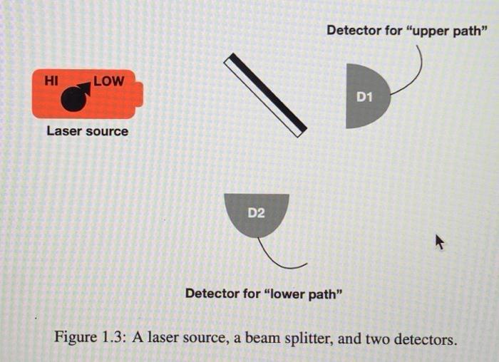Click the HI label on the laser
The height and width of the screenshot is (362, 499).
click(x=51, y=81)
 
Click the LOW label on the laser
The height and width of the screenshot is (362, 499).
click(x=108, y=81)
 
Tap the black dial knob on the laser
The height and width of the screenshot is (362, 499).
click(x=73, y=100)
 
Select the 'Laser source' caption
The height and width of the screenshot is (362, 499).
click(x=87, y=131)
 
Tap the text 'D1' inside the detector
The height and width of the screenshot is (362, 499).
click(x=364, y=96)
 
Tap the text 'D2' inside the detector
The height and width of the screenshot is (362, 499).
click(x=256, y=212)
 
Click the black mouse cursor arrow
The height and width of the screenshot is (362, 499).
click(x=439, y=243)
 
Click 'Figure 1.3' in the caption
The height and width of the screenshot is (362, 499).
click(x=88, y=338)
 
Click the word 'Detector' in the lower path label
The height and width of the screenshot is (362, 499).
click(x=212, y=294)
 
